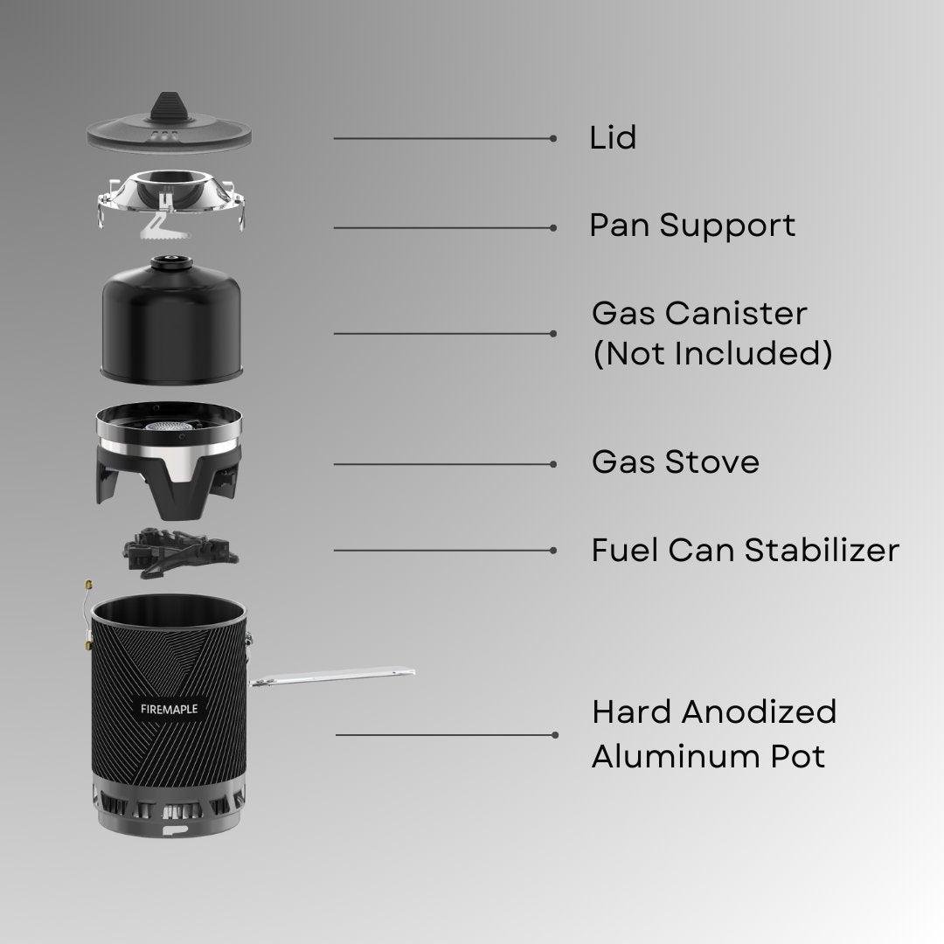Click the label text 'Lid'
tap(612, 137)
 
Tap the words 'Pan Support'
tap(692, 226)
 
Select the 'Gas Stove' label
tap(676, 462)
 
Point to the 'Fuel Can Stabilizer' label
tap(746, 551)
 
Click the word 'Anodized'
tap(759, 711)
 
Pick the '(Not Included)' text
tap(713, 353)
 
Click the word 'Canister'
tap(736, 314)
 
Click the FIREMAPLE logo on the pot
tap(170, 709)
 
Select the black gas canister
tap(171, 320)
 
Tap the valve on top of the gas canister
tap(171, 262)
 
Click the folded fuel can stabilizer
tap(179, 552)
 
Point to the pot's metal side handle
tap(331, 676)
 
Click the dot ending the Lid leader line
tap(553, 138)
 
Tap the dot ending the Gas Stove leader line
tap(553, 464)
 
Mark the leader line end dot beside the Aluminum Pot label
tap(555, 734)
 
